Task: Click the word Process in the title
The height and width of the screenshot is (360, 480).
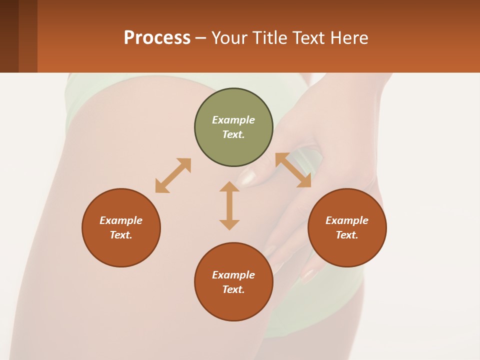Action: coord(157,38)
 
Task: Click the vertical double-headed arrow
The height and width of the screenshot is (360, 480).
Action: coord(229,205)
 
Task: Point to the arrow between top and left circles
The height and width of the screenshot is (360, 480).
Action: coord(173,175)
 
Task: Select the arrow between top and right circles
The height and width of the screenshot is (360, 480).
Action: coord(293,170)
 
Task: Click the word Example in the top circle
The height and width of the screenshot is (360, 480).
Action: coord(233,120)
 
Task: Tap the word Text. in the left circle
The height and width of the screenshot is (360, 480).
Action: coord(121,235)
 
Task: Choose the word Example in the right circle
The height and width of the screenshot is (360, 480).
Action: coord(347,220)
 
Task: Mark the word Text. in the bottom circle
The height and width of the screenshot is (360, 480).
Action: coord(233,289)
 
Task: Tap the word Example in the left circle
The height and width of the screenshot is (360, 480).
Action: coord(121,220)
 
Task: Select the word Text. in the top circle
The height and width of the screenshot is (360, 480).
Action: coord(233,134)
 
